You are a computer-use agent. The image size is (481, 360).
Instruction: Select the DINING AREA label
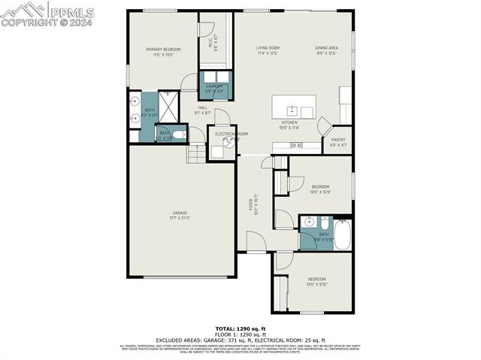(x=326, y=47)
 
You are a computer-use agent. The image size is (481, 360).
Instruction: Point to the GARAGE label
(x=180, y=213)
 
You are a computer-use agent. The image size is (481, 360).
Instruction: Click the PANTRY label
(x=337, y=140)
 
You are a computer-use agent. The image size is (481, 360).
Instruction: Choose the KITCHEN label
(x=289, y=122)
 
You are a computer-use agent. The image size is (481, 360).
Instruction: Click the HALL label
(x=203, y=107)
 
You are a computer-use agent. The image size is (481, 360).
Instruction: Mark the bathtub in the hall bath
(x=342, y=234)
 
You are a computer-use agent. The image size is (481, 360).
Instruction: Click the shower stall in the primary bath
(x=168, y=106)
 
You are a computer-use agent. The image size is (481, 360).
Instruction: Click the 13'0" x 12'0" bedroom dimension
(x=320, y=191)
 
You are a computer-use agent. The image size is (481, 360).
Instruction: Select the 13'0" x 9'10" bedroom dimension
(x=317, y=284)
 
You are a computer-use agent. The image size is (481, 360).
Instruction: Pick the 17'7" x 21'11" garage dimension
(x=180, y=218)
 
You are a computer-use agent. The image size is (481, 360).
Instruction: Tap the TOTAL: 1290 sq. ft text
(x=240, y=328)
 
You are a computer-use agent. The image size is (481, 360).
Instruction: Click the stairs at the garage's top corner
(x=195, y=153)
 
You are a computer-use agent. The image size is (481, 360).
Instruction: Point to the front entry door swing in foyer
(x=255, y=242)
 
